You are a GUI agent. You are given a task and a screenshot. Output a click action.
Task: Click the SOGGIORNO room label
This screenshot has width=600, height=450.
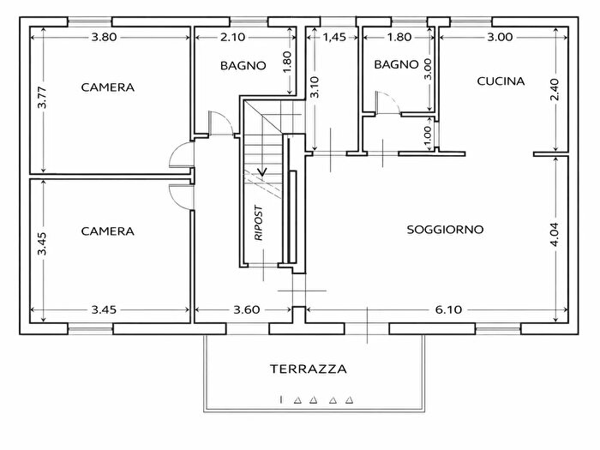pos(446,230)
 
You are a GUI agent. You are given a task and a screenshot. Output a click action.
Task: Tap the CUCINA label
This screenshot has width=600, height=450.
pos(500,81)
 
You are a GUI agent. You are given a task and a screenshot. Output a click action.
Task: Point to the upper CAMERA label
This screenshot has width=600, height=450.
pos(108,87)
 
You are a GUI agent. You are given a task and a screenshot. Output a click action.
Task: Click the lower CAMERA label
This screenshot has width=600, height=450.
pos(108,231)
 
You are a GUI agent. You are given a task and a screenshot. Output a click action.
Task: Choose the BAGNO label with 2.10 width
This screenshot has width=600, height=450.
pos(243,65)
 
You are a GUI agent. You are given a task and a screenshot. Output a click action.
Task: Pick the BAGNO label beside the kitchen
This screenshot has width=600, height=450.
pos(396,64)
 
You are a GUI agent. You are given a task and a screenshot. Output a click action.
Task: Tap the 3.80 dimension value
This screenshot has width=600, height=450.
pos(109,37)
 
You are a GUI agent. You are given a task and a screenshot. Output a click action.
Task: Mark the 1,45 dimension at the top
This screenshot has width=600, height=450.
pos(333,37)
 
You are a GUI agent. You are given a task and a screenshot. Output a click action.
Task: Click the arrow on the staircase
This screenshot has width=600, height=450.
pos(262,170)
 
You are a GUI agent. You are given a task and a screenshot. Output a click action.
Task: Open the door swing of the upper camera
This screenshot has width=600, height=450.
pos(181,155)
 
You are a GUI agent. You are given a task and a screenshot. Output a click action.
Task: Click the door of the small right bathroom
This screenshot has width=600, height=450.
pos(388,104)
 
